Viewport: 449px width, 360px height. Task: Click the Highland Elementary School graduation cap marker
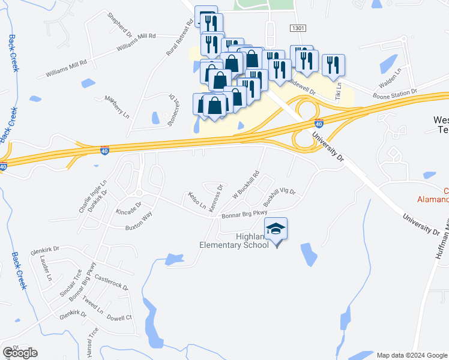[x=276, y=230]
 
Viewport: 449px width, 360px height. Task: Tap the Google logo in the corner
[x=20, y=352]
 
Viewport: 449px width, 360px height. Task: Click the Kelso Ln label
[x=196, y=199]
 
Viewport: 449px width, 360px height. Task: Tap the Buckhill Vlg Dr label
[x=280, y=196]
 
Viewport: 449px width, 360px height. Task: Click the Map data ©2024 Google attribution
[x=411, y=355]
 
